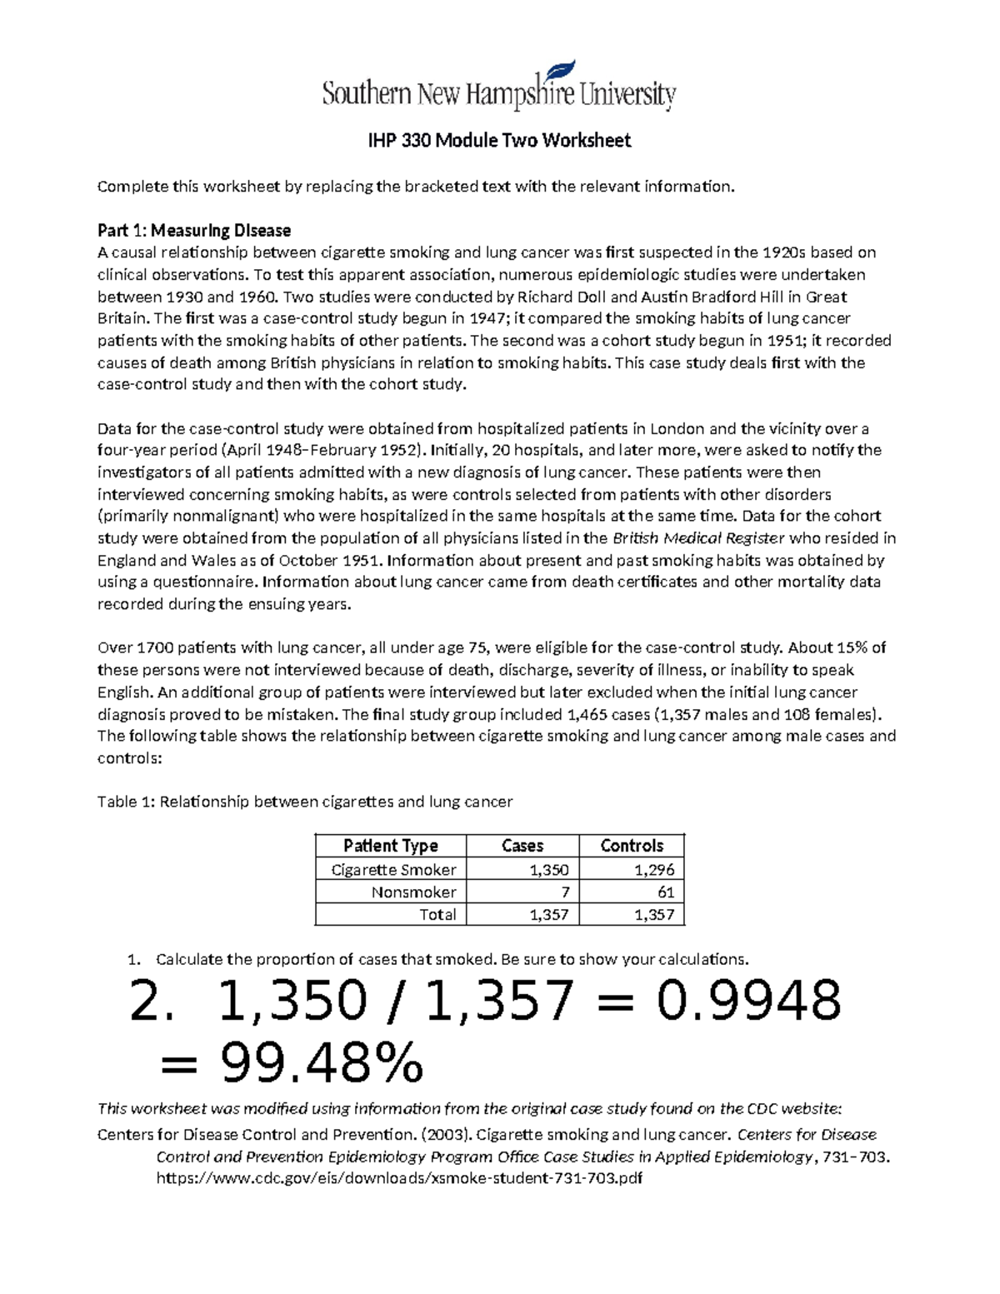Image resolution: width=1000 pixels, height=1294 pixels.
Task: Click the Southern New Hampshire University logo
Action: click(x=498, y=88)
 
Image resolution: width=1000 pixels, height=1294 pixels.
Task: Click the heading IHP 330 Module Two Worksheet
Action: click(x=499, y=141)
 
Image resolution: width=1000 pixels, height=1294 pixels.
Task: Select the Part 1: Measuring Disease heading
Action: click(x=194, y=230)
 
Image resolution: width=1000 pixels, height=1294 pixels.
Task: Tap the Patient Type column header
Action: click(x=390, y=846)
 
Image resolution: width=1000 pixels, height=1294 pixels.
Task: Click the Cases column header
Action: click(x=522, y=846)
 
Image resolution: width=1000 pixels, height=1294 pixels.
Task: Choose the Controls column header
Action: click(x=632, y=846)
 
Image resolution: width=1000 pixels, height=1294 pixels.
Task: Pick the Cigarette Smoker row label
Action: click(x=393, y=870)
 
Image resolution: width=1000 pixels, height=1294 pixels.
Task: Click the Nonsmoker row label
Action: click(x=413, y=892)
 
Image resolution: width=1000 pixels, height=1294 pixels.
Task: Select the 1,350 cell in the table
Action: click(x=548, y=870)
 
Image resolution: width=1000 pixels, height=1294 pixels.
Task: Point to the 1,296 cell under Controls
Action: click(x=653, y=870)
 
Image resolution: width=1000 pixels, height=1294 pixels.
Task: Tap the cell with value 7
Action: click(x=564, y=892)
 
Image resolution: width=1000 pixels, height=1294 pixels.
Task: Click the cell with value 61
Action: click(x=665, y=892)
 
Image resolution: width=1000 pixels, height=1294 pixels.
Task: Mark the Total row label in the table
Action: click(x=437, y=915)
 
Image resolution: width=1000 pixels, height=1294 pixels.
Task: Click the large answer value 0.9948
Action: click(x=747, y=1001)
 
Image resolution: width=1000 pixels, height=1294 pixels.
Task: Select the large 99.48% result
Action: click(x=322, y=1063)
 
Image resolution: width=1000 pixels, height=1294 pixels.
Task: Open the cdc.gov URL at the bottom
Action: click(x=399, y=1179)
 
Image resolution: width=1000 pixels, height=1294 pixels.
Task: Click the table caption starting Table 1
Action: click(x=305, y=802)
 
